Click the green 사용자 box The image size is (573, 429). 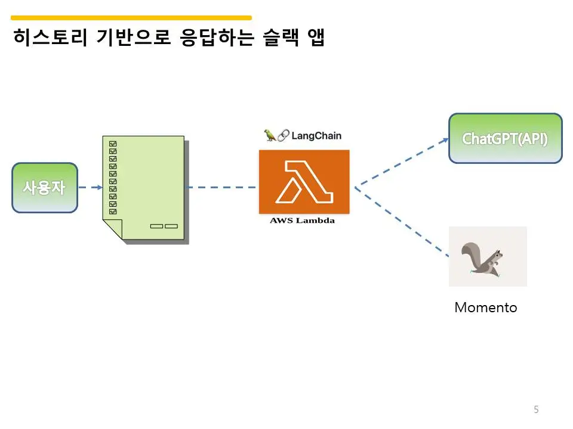(45, 188)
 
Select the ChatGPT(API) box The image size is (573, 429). (505, 138)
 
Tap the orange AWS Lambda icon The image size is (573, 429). (304, 182)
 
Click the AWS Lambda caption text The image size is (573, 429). (303, 220)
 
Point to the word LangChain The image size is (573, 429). (316, 135)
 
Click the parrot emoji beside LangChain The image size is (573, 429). (270, 135)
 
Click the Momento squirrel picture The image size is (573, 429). (488, 256)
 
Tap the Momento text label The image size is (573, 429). (486, 307)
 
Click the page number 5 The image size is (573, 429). (536, 409)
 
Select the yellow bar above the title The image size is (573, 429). (131, 18)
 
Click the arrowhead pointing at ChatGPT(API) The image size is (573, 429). (445, 140)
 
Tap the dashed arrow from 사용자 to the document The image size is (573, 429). (90, 188)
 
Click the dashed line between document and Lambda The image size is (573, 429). (221, 188)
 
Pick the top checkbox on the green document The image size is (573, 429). (113, 144)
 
